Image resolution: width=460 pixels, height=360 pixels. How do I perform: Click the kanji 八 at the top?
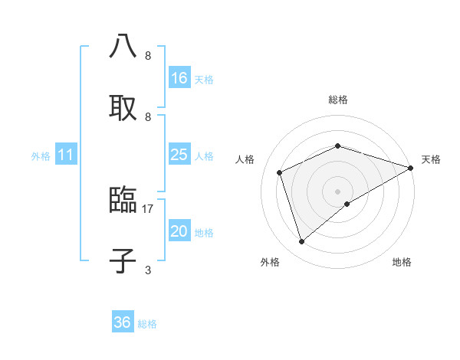coord(123,46)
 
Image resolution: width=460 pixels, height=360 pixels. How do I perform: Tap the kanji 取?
coord(123,106)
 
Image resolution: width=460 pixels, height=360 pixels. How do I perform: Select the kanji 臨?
coord(123,200)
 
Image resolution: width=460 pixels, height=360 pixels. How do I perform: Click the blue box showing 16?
coord(179,78)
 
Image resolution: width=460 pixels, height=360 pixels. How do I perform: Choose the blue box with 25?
coord(179,155)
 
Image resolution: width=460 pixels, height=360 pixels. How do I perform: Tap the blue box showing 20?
coord(179,232)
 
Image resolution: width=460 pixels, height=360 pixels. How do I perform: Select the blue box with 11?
coord(66,155)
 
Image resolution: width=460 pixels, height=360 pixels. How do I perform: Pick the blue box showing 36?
coord(122,322)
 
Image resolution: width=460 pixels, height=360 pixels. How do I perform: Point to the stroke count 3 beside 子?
coord(148,270)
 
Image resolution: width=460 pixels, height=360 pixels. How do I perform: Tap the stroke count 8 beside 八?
coord(148,56)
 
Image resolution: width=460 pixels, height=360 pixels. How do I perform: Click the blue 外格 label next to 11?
coord(41,156)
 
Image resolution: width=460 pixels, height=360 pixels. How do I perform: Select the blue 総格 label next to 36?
coord(147,324)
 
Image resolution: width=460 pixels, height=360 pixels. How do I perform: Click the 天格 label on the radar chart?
coord(431,159)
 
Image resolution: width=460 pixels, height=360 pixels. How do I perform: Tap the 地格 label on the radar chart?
coord(402,262)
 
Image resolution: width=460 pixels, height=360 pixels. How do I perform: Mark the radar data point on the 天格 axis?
coord(411,167)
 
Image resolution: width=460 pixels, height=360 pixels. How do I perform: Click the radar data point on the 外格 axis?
coord(302,242)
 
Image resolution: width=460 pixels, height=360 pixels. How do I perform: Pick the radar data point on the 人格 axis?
coord(280,172)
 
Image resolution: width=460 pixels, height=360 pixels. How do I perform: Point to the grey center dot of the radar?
coord(337,191)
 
